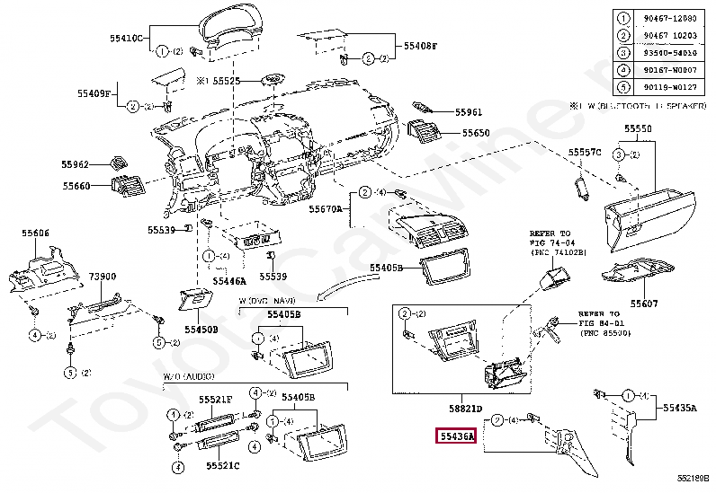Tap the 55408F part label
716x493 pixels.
coord(420,45)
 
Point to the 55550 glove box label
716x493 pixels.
coord(639,130)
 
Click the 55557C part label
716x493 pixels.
coord(585,153)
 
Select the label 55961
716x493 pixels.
coord(468,113)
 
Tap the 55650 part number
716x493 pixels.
coord(476,133)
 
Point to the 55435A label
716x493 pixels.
coord(680,408)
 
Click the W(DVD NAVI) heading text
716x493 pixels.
coord(265,300)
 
